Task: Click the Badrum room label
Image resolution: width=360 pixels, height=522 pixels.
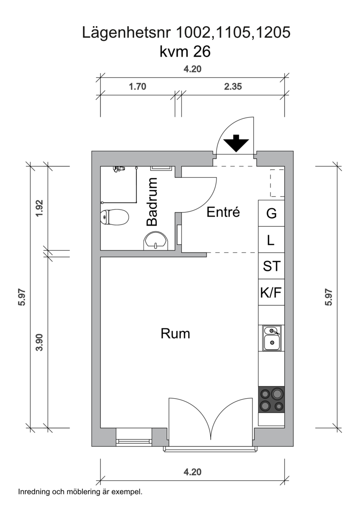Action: [152, 202]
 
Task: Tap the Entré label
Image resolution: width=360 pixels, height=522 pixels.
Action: [223, 212]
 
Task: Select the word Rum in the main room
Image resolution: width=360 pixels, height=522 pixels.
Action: [175, 333]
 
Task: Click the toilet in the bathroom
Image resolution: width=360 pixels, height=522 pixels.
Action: [115, 217]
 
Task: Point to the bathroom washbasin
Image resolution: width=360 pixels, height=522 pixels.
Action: [156, 241]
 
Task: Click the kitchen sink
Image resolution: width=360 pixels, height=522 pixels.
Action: [272, 338]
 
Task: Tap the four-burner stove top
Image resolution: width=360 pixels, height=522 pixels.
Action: [271, 400]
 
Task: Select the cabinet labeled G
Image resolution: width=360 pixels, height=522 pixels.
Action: [271, 213]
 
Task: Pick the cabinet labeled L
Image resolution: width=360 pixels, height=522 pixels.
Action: [271, 240]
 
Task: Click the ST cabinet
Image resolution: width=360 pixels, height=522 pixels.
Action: [271, 266]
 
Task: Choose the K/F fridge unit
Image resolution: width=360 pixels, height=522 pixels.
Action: [271, 292]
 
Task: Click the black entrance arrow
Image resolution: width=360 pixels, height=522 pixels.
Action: [236, 143]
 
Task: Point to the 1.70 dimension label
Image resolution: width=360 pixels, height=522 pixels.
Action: [138, 86]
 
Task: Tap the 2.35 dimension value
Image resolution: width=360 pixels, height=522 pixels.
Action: [233, 86]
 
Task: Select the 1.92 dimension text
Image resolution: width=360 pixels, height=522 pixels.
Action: [40, 208]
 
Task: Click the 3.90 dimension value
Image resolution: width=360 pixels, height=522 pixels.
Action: [40, 342]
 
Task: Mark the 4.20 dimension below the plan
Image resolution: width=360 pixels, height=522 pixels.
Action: [193, 472]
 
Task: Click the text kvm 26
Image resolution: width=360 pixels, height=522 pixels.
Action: [185, 52]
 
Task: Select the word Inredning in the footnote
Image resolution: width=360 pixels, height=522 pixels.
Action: [34, 492]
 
